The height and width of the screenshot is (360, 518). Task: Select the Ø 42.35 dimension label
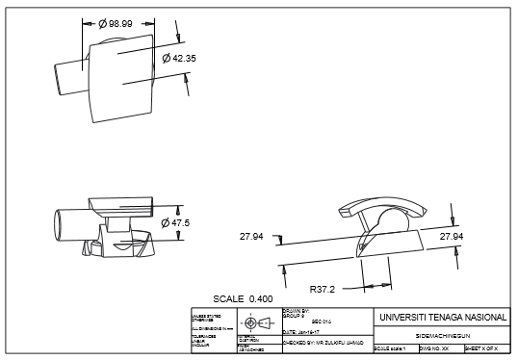point(179,59)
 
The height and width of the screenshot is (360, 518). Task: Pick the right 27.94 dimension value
point(452,235)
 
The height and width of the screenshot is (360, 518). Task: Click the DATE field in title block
point(302,331)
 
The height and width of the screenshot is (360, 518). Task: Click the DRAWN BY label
point(294,311)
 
